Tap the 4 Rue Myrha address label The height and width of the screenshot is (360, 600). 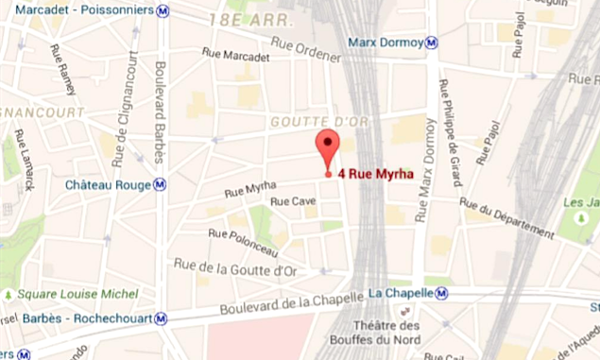pos(375,174)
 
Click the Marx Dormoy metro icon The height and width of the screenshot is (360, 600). pos(431,42)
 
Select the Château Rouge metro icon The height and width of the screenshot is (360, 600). pos(161,185)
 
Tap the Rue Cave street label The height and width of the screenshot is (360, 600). pos(293,201)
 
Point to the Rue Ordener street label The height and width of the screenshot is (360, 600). pos(305,48)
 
